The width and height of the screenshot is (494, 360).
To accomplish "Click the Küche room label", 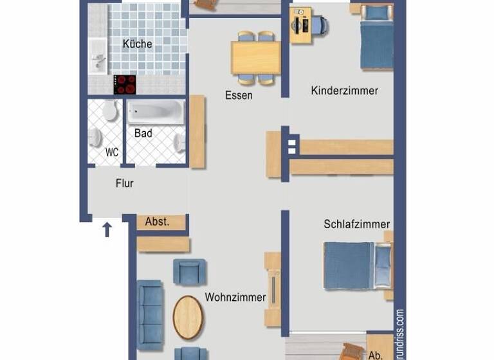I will [138, 44].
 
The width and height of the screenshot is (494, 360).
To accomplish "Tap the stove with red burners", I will [125, 84].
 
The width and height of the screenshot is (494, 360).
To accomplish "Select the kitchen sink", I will [98, 59].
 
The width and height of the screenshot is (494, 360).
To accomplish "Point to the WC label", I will [112, 153].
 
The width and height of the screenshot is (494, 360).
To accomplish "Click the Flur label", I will [125, 183].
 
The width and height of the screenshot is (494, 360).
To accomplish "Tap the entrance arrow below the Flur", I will [107, 229].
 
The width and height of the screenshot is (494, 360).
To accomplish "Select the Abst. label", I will [158, 222].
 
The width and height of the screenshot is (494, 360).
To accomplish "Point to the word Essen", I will [239, 95].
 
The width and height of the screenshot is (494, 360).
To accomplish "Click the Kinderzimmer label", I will [344, 91].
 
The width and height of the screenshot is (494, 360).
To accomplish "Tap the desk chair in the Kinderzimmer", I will [318, 26].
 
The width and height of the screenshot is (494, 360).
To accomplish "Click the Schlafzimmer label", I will [356, 224].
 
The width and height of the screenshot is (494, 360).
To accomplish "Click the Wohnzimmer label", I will [235, 297].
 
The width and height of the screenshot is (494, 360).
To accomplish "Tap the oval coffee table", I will [188, 317].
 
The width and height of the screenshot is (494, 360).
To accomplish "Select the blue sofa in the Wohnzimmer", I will [150, 310].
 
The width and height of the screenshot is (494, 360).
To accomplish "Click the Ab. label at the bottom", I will [376, 354].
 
